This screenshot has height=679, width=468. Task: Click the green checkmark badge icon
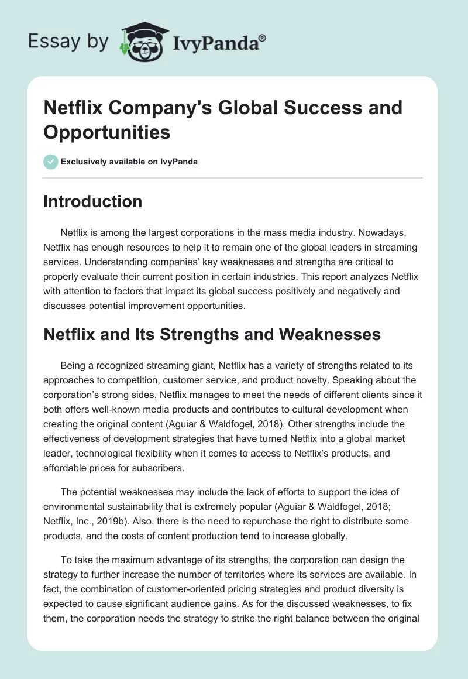point(51,162)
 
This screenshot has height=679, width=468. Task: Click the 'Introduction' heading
point(93,201)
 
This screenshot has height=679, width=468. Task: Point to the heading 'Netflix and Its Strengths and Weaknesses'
point(212,334)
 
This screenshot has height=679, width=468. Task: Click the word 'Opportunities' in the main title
point(107,132)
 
